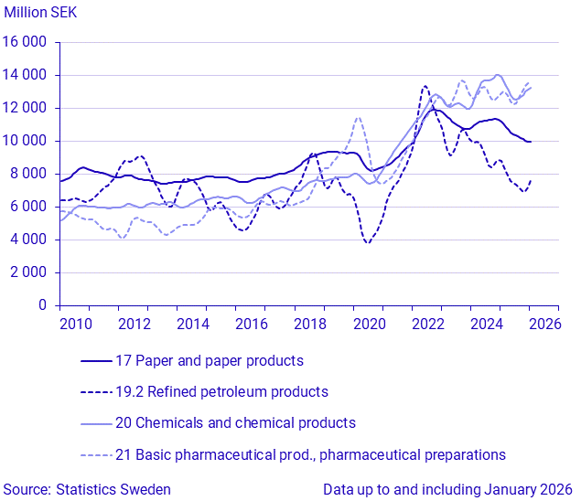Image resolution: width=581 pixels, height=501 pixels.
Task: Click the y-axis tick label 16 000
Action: (25, 42)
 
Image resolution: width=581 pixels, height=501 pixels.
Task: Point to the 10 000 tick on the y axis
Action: (25, 141)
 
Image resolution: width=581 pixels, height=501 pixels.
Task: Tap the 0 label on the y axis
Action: (42, 305)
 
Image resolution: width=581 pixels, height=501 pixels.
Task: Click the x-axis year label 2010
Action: (74, 324)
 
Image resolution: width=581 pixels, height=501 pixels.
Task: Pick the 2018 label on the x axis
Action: (308, 324)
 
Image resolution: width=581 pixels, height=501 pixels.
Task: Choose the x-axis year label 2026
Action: (543, 324)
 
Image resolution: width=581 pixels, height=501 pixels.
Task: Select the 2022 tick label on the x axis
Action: (426, 324)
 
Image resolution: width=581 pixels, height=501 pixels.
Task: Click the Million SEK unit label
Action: (41, 13)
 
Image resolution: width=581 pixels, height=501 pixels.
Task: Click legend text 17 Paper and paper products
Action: (209, 360)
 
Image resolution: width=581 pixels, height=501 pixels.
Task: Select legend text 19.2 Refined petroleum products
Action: (221, 391)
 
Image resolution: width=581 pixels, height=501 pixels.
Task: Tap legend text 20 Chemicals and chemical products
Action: (235, 422)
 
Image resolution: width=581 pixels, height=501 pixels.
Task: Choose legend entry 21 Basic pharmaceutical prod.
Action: (310, 454)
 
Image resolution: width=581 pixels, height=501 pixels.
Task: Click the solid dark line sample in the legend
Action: (96, 360)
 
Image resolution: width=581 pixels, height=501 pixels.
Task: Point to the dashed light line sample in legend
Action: (96, 454)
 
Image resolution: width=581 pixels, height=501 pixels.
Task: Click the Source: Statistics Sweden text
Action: (86, 489)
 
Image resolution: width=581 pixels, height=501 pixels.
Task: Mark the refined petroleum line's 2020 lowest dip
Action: (368, 242)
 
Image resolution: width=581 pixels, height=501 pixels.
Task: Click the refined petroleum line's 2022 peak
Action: (425, 86)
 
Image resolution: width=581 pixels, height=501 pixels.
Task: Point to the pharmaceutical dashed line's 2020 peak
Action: (358, 117)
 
